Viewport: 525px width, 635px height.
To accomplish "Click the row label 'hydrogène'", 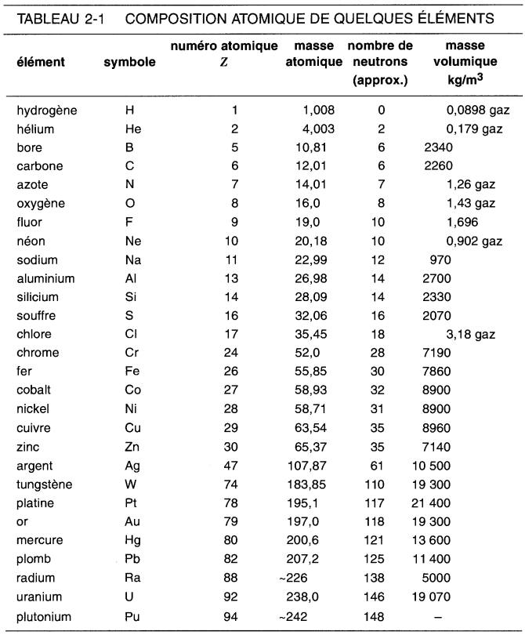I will pyautogui.click(x=47, y=111).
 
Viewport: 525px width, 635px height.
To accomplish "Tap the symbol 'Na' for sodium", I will pyautogui.click(x=133, y=259).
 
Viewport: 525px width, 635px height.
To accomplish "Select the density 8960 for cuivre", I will pyautogui.click(x=437, y=428).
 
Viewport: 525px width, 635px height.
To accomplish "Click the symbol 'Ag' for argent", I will pyautogui.click(x=132, y=466).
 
